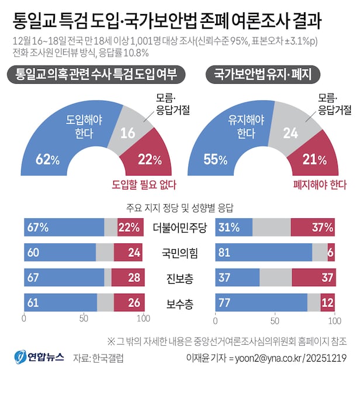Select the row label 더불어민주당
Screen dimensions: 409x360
pos(179,228)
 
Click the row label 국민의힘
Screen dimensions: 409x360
pos(179,253)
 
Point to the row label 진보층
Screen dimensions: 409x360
pos(179,278)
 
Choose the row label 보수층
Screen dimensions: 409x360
pos(179,303)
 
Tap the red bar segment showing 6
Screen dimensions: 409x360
pos(331,252)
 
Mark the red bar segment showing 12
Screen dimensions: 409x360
pos(328,303)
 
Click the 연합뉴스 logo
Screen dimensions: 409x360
pos(39,356)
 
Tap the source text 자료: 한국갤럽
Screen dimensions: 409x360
pos(99,357)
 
